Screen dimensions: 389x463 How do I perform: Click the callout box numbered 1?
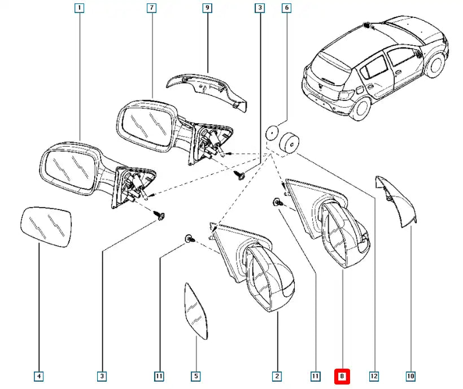click(79, 8)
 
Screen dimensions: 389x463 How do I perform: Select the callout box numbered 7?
click(151, 8)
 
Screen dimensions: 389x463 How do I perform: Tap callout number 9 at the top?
click(207, 8)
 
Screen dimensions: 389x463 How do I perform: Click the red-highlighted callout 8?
click(342, 375)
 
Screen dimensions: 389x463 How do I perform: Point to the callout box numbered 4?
click(38, 375)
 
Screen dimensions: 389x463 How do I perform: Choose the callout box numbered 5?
click(196, 375)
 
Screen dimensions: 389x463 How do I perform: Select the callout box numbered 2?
click(277, 375)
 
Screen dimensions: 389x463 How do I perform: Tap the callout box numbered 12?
click(374, 375)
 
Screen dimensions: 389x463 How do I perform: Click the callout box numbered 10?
click(410, 375)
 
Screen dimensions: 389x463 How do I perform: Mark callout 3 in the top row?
click(259, 8)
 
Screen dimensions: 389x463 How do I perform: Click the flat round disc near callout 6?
click(273, 133)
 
